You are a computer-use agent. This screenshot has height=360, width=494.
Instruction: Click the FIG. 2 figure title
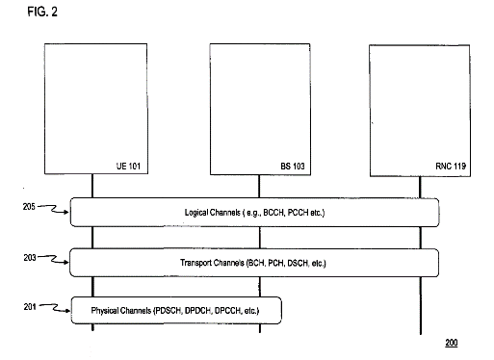pyautogui.click(x=42, y=12)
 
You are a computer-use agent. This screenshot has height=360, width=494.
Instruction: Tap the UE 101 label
pyautogui.click(x=128, y=166)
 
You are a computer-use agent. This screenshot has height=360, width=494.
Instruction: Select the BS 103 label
pyautogui.click(x=293, y=166)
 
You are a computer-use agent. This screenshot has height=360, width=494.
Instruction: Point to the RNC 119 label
pyautogui.click(x=451, y=166)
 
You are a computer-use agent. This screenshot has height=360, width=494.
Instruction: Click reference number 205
pyautogui.click(x=29, y=207)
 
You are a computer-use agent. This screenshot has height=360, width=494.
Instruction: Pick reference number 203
pyautogui.click(x=30, y=257)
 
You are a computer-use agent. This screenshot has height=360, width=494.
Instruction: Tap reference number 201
pyautogui.click(x=30, y=307)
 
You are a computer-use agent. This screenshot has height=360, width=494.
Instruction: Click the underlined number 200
pyautogui.click(x=452, y=343)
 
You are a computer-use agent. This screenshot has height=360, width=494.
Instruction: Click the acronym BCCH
pyautogui.click(x=273, y=213)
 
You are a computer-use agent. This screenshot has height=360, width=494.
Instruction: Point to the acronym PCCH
pyautogui.click(x=298, y=213)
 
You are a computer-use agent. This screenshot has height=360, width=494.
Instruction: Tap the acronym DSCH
pyautogui.click(x=298, y=263)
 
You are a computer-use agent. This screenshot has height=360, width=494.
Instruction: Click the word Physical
pyautogui.click(x=103, y=311)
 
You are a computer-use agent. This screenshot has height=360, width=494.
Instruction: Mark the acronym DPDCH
pyautogui.click(x=197, y=311)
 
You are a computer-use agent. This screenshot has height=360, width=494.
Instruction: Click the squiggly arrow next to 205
pyautogui.click(x=53, y=209)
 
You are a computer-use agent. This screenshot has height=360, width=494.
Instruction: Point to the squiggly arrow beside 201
pyautogui.click(x=54, y=308)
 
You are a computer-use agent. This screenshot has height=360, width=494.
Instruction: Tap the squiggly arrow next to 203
pyautogui.click(x=53, y=259)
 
